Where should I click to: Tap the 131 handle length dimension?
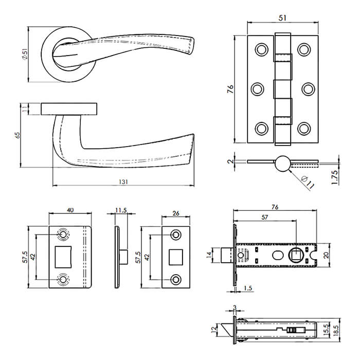pyautogui.click(x=123, y=182)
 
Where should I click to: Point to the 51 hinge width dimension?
pyautogui.click(x=282, y=18)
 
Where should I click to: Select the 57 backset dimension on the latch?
pyautogui.click(x=264, y=218)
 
